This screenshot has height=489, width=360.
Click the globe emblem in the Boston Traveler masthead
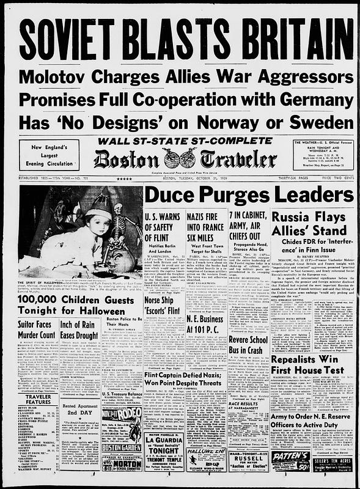180,158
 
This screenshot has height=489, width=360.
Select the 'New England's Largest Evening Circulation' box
49,155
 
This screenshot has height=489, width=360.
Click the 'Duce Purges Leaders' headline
249,195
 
